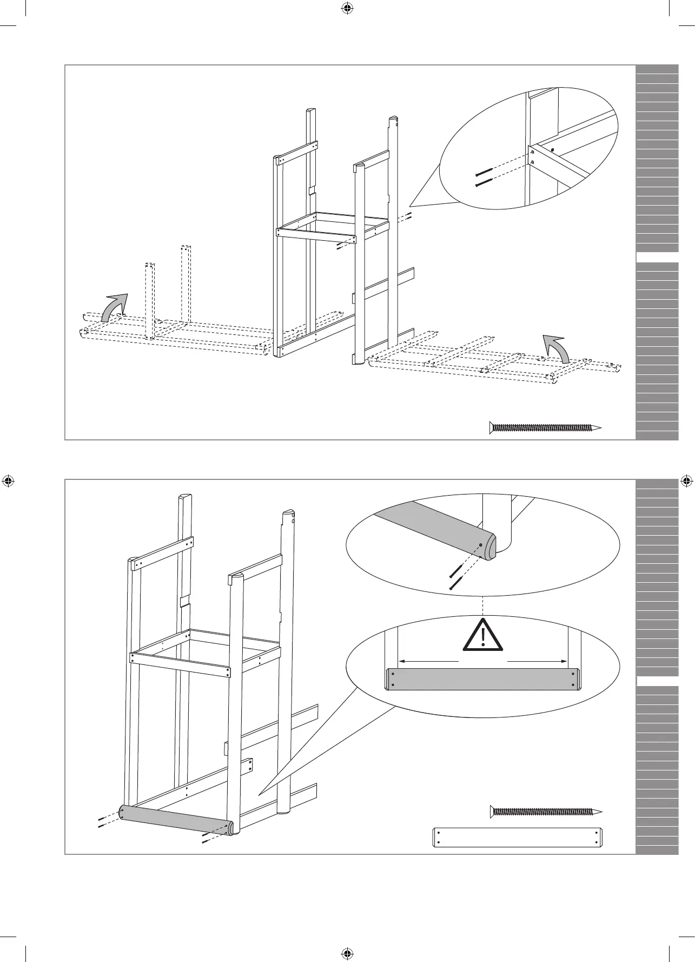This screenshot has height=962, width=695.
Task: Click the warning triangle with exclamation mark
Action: tap(482, 636)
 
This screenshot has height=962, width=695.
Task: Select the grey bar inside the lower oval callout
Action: tap(483, 680)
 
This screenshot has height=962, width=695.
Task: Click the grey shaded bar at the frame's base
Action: tap(176, 821)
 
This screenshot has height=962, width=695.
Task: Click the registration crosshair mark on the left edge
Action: tap(9, 480)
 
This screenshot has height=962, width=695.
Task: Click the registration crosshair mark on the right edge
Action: tap(686, 480)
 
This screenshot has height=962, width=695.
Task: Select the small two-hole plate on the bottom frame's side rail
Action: tap(250, 767)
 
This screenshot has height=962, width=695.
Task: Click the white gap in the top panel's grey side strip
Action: tap(657, 257)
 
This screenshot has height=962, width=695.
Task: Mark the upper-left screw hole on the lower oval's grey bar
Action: tap(393, 674)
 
